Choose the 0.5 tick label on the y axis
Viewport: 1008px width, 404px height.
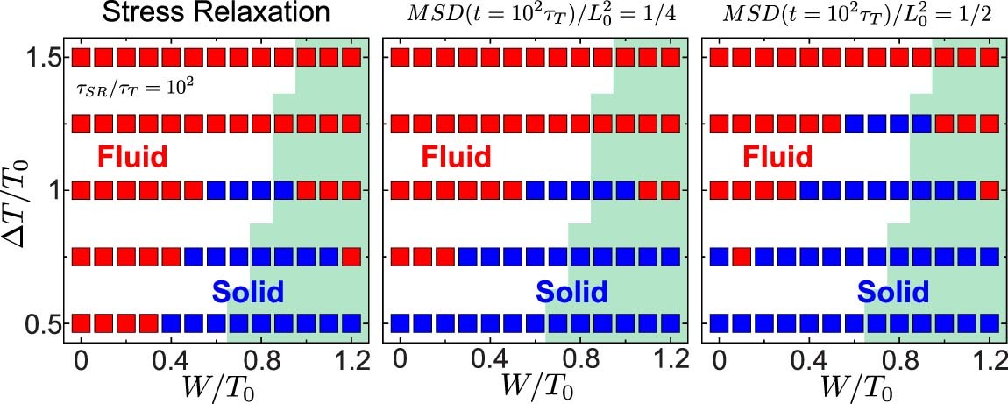tap(41, 323)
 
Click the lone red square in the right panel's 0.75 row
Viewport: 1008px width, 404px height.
tap(742, 257)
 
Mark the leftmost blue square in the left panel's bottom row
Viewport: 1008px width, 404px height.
tap(171, 322)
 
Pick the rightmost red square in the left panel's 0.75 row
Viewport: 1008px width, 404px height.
tap(351, 257)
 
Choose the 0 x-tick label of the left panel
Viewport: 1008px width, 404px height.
tap(81, 358)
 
